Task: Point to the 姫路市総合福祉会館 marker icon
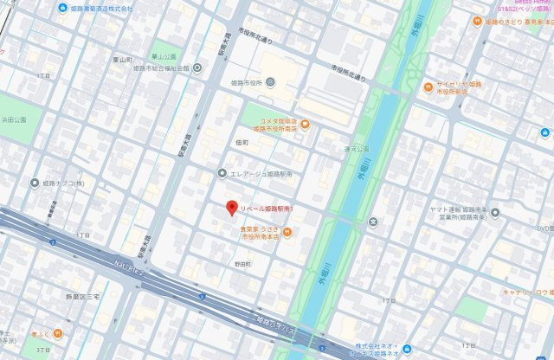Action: tap(197, 67)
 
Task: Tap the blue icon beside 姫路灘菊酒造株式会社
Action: tap(63, 8)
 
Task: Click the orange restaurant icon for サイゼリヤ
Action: tap(428, 87)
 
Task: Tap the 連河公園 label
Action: tap(332, 148)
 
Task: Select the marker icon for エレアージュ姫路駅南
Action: tap(223, 173)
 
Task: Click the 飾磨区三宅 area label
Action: tap(84, 296)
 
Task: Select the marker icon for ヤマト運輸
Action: tap(435, 209)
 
